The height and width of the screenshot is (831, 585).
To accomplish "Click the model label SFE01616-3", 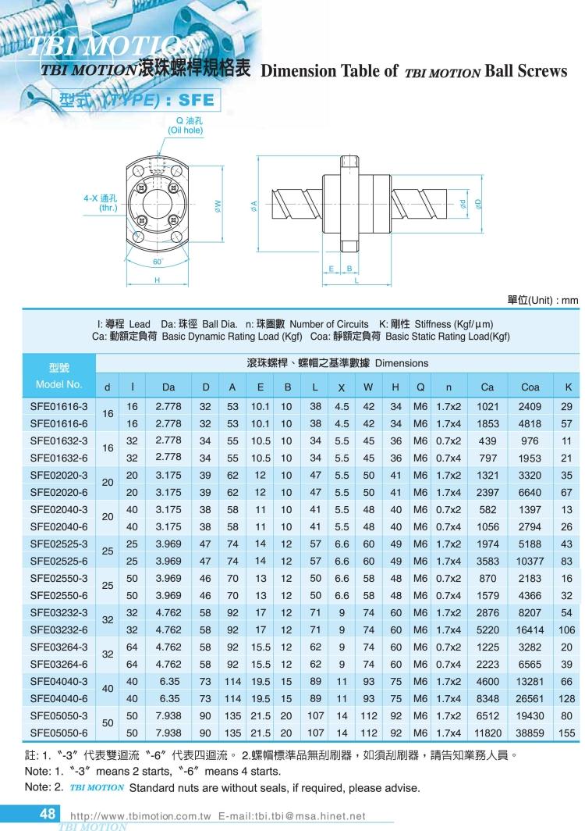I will pos(58,406).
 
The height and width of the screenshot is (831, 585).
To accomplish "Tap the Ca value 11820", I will pos(487,733).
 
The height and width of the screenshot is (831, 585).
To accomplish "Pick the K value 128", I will pos(566,698).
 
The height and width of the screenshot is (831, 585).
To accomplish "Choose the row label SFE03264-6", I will pos(58,664).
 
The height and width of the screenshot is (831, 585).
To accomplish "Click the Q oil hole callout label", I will pos(186,126).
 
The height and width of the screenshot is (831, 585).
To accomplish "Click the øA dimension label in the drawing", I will pos(254,205).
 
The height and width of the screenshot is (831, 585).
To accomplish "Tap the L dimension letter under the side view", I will pos(356,281).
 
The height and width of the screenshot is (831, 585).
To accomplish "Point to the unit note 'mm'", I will pos(570,300).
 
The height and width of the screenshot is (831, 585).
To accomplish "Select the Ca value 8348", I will pos(487,698).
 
